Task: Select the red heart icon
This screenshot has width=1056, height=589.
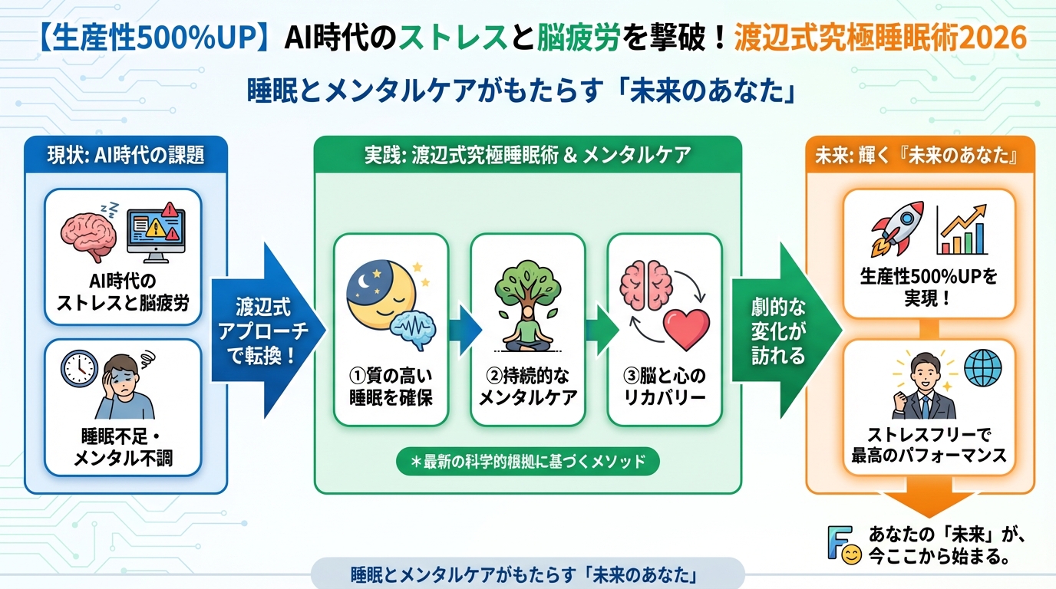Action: point(686,327)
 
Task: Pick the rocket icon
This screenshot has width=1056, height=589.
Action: point(897,228)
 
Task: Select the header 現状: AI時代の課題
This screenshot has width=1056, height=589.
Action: point(126,155)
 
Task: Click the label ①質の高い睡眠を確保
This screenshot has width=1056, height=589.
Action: point(390,387)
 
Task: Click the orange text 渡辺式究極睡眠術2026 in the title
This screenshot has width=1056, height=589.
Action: point(879,38)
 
